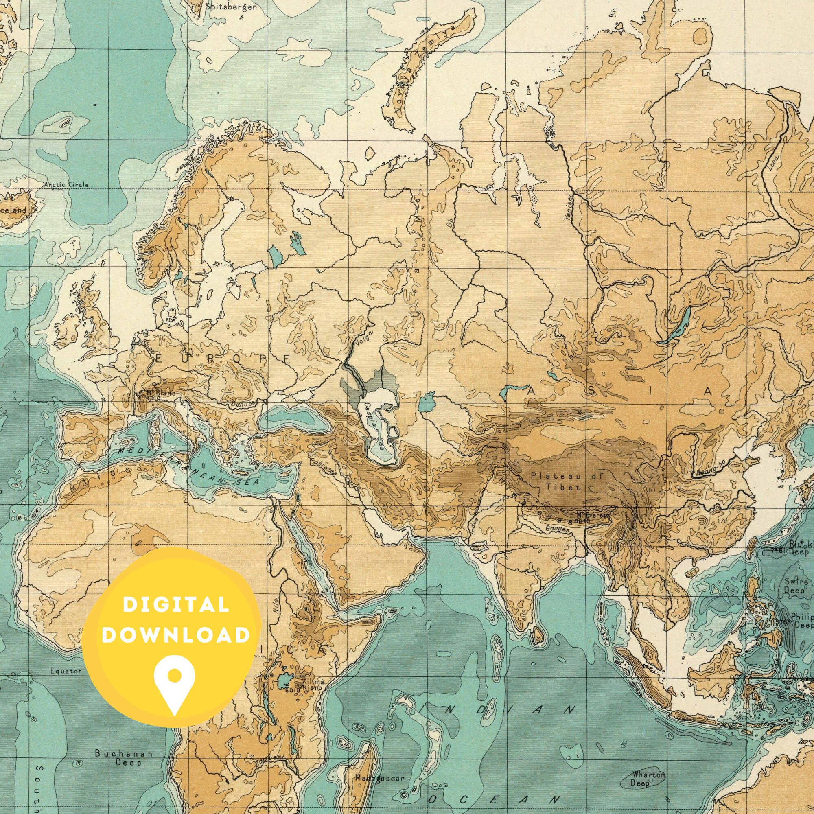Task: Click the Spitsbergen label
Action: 231,7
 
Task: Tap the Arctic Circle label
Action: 67,184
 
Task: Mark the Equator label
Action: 65,671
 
